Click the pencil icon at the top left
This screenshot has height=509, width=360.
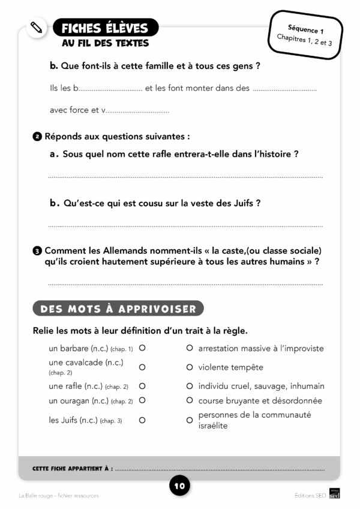click(x=37, y=28)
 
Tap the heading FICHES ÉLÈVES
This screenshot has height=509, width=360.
click(x=105, y=28)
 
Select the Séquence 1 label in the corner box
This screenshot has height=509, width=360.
click(x=305, y=29)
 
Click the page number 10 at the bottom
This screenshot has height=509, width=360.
click(x=179, y=485)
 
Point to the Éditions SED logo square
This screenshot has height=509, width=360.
click(x=335, y=495)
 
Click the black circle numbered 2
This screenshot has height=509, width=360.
click(x=37, y=137)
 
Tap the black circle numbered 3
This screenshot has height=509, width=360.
click(x=37, y=250)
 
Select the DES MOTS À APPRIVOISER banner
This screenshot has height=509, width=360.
click(x=118, y=309)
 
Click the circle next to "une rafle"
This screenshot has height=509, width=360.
click(x=142, y=386)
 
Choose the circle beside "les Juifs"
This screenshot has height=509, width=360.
click(x=142, y=420)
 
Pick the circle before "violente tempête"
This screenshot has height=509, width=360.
click(x=190, y=367)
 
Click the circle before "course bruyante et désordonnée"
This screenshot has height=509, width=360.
click(x=190, y=400)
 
